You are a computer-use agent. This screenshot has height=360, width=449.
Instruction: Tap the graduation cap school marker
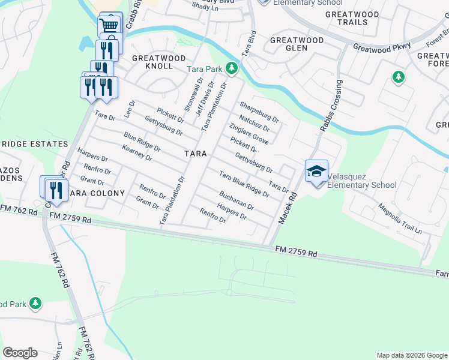tap(316, 172)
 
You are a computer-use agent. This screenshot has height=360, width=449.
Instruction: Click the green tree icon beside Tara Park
tap(231, 70)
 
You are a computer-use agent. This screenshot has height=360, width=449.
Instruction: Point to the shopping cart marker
tap(109, 25)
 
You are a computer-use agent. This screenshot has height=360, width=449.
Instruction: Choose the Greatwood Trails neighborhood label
tap(352, 18)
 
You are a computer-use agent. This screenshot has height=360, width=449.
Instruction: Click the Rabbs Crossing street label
tap(333, 104)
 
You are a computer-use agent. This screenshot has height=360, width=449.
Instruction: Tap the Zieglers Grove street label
tap(248, 133)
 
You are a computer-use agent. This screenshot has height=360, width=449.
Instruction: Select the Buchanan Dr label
tap(237, 199)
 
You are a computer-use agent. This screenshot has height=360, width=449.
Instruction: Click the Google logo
tap(20, 353)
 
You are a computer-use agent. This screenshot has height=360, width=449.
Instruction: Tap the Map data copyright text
tap(411, 355)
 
